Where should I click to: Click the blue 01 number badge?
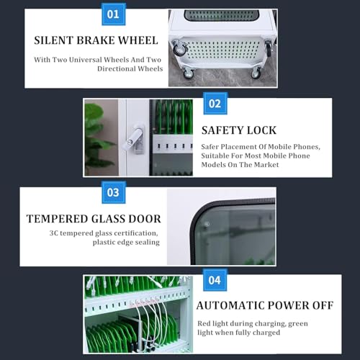click(x=114, y=14)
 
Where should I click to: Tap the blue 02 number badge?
click(x=215, y=104)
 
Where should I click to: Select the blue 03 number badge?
click(x=114, y=192)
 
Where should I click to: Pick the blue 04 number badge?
click(x=215, y=280)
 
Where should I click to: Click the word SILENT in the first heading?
click(x=53, y=40)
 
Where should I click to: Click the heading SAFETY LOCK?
click(x=239, y=130)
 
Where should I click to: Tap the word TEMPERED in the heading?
click(x=57, y=219)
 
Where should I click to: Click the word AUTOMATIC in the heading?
click(x=230, y=305)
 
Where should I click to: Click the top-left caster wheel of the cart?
click(x=179, y=48)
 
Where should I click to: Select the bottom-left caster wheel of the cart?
click(x=189, y=73)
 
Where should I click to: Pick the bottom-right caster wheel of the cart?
click(x=256, y=73)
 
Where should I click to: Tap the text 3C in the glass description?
click(x=53, y=233)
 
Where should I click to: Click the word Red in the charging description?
click(x=204, y=323)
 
